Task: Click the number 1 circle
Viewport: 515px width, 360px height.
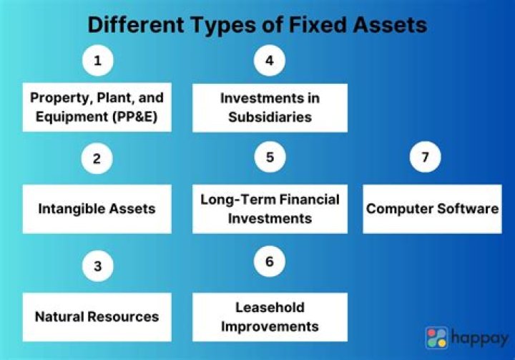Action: coord(97,62)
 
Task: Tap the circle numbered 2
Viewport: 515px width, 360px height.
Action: coord(97,158)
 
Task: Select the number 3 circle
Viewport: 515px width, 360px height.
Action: coord(97,267)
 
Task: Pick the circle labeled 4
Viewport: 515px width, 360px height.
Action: coord(269,62)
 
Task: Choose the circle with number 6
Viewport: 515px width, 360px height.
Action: coord(269,262)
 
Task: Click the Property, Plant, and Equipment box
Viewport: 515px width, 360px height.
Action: coord(97,107)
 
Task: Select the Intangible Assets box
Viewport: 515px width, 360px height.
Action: coord(97,209)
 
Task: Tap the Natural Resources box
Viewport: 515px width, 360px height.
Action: coord(97,316)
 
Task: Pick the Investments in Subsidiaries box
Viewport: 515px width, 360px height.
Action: coord(269,107)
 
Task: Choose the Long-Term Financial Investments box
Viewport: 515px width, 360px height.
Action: coord(269,209)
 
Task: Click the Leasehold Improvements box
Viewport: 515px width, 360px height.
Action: coord(269,316)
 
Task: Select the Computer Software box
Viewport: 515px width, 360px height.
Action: coord(432,209)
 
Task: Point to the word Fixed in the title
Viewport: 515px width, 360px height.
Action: coord(319,26)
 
